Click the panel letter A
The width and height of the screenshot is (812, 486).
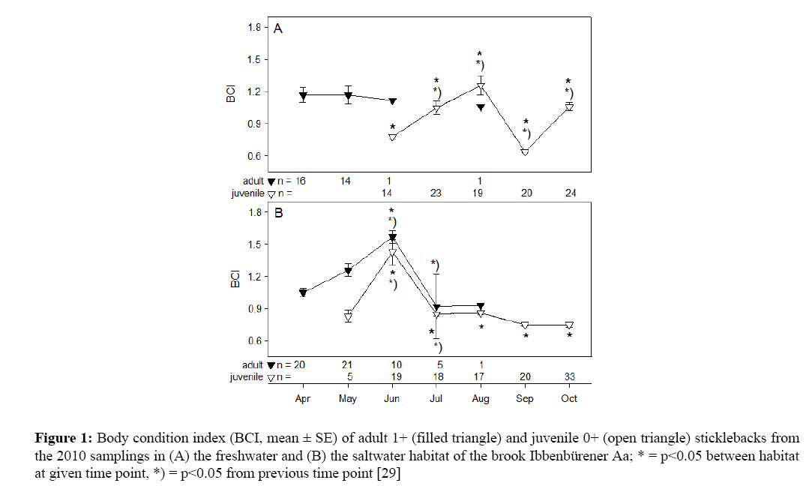click(x=277, y=29)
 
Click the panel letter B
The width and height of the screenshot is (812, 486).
click(x=277, y=214)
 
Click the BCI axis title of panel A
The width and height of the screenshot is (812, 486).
click(x=233, y=91)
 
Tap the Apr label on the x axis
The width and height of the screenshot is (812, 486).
click(x=303, y=399)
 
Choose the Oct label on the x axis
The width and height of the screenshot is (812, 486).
click(x=569, y=399)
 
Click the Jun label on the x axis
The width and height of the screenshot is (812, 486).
click(x=391, y=399)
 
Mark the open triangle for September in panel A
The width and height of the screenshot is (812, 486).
click(x=525, y=151)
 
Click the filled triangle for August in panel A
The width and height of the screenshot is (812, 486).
click(x=481, y=108)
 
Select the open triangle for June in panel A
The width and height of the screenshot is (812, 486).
click(x=391, y=137)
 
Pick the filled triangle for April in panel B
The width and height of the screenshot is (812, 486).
click(x=303, y=292)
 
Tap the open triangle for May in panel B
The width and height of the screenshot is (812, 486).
click(x=348, y=317)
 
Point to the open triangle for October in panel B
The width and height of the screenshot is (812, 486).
click(x=569, y=325)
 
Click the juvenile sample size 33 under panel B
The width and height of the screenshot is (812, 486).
click(x=569, y=377)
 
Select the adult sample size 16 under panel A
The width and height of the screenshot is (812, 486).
click(x=300, y=181)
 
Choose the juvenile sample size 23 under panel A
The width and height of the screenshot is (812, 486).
click(x=436, y=193)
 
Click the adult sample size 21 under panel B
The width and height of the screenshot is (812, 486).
click(x=347, y=365)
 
